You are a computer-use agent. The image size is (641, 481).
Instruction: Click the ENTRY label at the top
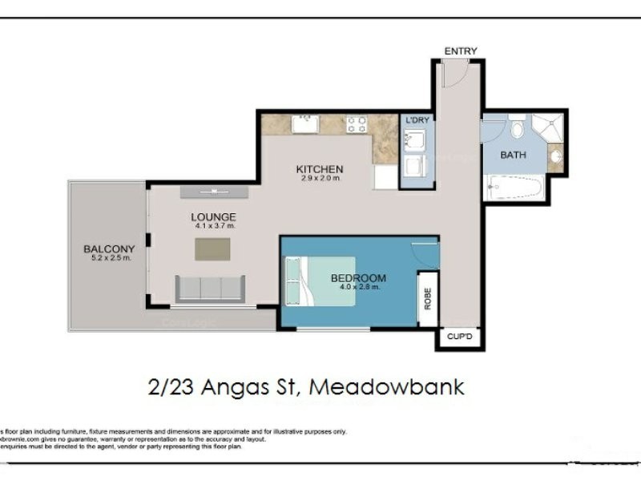tap(461, 51)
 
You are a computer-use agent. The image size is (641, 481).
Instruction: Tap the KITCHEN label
tap(320, 169)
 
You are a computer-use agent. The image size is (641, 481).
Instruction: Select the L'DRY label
tap(417, 120)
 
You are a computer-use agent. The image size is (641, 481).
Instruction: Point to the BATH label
tap(513, 155)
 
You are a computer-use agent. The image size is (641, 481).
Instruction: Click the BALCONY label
tap(108, 249)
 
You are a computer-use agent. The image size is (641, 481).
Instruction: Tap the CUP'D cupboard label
tap(460, 338)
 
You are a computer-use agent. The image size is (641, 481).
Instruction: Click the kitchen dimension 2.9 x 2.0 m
tap(320, 179)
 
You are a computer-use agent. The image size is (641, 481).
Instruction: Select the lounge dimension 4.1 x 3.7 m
tap(213, 226)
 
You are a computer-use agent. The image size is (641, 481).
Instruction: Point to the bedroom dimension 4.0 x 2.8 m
tap(358, 288)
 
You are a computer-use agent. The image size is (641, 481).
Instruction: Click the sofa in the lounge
tap(210, 288)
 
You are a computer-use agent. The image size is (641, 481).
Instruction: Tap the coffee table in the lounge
tap(212, 249)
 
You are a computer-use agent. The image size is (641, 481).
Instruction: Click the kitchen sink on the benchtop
tap(304, 124)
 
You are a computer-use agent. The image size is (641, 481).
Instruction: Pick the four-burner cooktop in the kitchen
tap(356, 124)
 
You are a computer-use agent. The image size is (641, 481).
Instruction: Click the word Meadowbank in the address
tap(386, 387)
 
